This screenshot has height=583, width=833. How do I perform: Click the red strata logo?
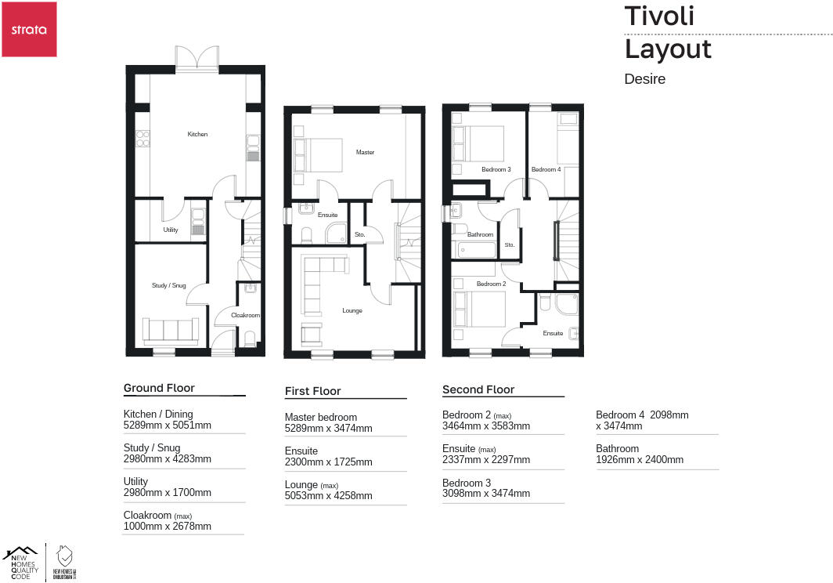point(29,29)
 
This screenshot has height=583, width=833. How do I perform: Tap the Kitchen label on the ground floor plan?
point(197,135)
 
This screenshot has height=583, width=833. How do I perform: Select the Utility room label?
point(171,230)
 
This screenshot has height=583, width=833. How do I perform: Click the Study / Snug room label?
point(168,286)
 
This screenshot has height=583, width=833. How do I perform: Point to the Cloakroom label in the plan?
point(245,315)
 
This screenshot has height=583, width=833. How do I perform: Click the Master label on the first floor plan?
point(365,152)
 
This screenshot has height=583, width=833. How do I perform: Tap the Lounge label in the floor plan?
point(352,311)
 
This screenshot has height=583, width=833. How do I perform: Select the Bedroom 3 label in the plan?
point(496,169)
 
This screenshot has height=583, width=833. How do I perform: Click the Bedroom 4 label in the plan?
point(546,169)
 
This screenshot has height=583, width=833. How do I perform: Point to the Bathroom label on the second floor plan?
point(480,234)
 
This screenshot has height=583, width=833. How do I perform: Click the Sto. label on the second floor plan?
point(510,245)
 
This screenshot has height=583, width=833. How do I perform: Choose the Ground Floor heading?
point(159,388)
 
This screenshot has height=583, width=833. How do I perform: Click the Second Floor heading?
point(478,389)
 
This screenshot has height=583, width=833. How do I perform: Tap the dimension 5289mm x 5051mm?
point(167,425)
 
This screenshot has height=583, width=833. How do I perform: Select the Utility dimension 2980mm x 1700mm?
point(167,493)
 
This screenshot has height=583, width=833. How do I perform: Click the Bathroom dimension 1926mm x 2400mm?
point(639,459)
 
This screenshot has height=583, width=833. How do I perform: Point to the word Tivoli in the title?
point(659,16)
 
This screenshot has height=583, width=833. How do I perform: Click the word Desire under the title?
point(644,78)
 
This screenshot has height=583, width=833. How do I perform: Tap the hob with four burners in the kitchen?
point(142,139)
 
